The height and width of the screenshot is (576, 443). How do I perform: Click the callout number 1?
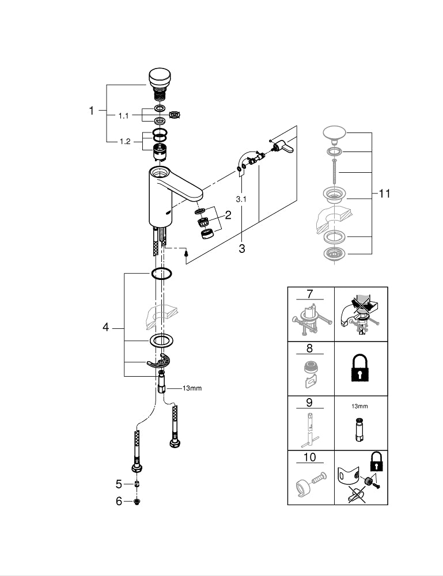91,111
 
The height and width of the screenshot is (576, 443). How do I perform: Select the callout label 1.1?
124,116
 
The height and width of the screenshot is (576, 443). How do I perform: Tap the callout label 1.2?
124,142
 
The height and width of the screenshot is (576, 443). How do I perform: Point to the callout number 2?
228,215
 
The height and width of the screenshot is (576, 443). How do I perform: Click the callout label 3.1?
242,199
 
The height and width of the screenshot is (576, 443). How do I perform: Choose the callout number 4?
105,327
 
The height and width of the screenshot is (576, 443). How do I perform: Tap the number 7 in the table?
309,294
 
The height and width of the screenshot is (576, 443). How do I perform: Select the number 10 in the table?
309,457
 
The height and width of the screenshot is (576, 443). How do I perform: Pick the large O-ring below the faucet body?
162,274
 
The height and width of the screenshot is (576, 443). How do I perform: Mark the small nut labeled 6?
137,502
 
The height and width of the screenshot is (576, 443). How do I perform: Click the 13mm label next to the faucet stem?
192,388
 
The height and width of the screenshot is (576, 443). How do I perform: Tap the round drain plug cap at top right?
334,134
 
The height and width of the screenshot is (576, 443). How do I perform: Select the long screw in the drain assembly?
334,171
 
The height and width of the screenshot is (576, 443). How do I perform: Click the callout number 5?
119,483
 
